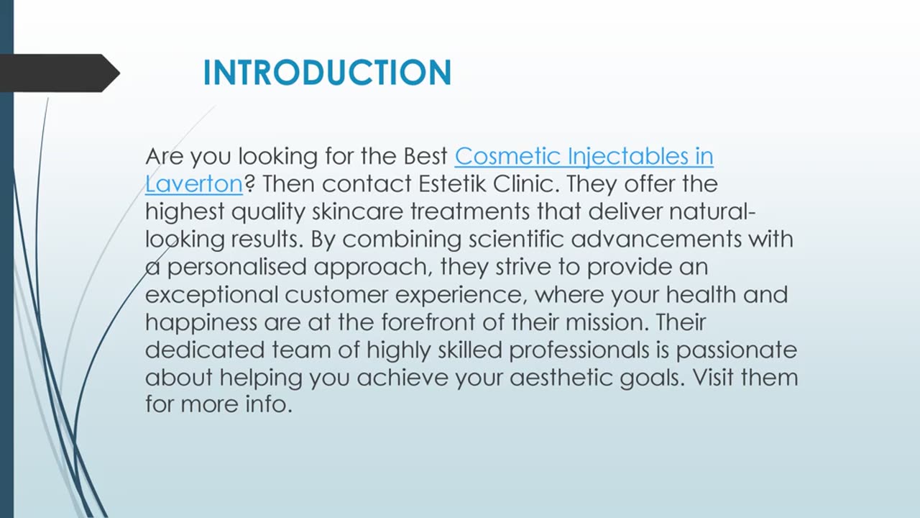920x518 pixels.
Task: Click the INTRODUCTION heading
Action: pyautogui.click(x=327, y=73)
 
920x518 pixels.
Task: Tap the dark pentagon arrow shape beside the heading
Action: pyautogui.click(x=57, y=73)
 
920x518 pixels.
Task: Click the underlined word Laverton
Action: pyautogui.click(x=194, y=184)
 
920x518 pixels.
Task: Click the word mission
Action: pyautogui.click(x=606, y=322)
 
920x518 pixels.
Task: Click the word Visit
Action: pyautogui.click(x=715, y=378)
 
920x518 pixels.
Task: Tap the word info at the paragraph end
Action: pyautogui.click(x=270, y=405)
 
